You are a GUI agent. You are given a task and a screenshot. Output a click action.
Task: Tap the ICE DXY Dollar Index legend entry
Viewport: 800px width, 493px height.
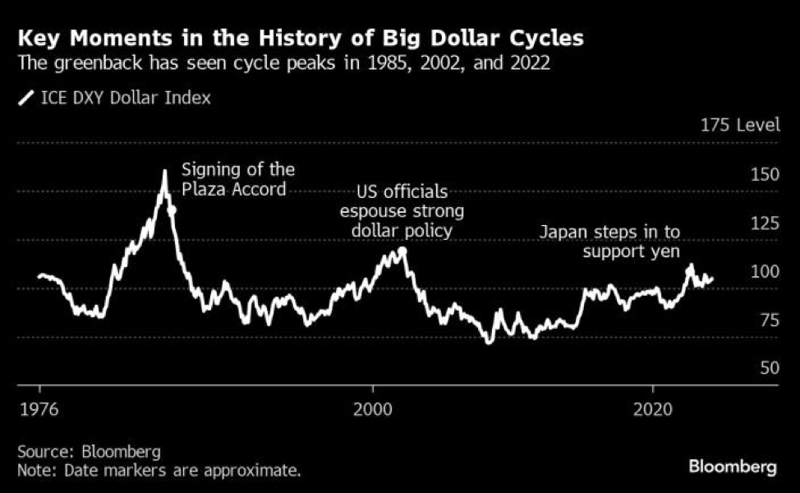(114, 98)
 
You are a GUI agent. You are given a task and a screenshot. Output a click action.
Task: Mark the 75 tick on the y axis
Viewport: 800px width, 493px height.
(769, 320)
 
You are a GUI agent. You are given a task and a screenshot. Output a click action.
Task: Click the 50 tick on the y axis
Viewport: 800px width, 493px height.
(769, 368)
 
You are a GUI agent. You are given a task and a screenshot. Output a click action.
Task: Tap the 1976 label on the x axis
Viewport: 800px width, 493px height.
(39, 408)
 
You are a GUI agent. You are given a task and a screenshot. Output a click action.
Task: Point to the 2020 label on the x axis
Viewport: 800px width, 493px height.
(653, 408)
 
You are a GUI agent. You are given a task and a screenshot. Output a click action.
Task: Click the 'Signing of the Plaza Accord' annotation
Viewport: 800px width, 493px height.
(237, 179)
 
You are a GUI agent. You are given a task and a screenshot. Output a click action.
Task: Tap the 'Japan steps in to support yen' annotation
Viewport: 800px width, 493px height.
(622, 242)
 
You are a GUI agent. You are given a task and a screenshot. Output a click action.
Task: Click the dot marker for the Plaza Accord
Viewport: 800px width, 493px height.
(172, 210)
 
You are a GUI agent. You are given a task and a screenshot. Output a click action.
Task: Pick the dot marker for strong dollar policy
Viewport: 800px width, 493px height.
(402, 251)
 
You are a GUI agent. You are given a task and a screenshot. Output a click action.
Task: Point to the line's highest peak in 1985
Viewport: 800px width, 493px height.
(164, 172)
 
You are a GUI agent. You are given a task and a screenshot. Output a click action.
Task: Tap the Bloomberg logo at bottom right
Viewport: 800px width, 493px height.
(732, 467)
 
